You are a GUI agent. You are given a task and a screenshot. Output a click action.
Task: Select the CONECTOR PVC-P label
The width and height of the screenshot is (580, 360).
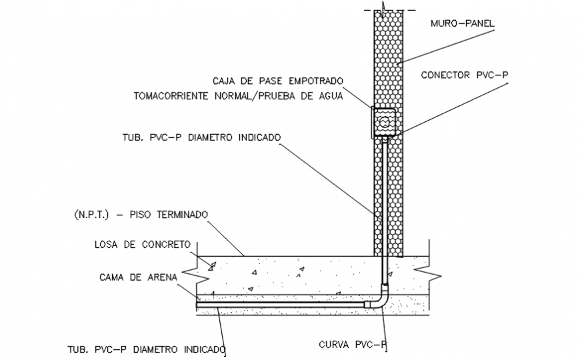pyautogui.click(x=464, y=75)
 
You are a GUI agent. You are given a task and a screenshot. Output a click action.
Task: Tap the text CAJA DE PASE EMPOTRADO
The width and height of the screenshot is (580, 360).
pyautogui.click(x=278, y=81)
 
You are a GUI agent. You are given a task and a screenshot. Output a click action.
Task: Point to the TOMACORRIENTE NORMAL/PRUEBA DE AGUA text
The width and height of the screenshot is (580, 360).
pyautogui.click(x=238, y=96)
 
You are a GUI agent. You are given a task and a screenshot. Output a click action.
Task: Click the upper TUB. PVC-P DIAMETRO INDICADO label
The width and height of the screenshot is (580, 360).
pyautogui.click(x=207, y=137)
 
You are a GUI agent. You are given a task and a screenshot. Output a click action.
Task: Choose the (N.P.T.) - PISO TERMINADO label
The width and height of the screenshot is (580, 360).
pyautogui.click(x=141, y=215)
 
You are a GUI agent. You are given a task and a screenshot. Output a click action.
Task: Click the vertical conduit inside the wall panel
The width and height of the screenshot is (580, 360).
pyautogui.click(x=384, y=200)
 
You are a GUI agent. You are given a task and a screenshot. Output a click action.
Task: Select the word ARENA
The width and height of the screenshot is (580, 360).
pyautogui.click(x=159, y=275)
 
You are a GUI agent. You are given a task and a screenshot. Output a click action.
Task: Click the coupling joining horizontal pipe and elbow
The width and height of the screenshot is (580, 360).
pyautogui.click(x=367, y=304)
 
